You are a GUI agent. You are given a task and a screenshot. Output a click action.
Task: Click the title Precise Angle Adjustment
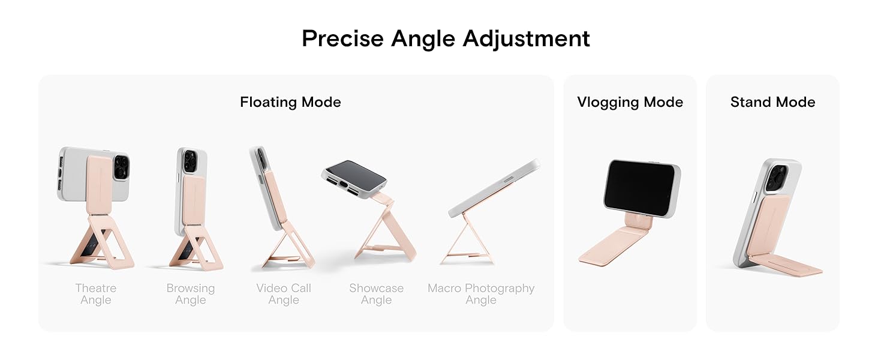(x=446, y=38)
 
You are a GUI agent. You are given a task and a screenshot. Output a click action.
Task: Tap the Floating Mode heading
(x=290, y=102)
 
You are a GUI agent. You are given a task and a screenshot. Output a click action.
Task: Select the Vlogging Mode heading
(x=630, y=102)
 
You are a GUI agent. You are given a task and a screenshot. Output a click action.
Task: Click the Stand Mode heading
(x=772, y=102)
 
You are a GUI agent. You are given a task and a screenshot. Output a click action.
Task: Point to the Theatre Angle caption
(x=95, y=294)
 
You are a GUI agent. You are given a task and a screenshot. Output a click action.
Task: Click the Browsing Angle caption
(x=190, y=294)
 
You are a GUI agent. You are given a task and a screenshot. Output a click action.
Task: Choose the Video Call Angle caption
(x=284, y=294)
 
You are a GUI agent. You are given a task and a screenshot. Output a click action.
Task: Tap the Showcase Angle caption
(x=376, y=294)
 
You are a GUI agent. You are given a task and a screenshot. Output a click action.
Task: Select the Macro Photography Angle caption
(x=481, y=294)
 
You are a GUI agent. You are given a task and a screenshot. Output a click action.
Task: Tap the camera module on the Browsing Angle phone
(x=191, y=161)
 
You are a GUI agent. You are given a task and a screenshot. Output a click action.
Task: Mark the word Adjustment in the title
(x=526, y=38)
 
